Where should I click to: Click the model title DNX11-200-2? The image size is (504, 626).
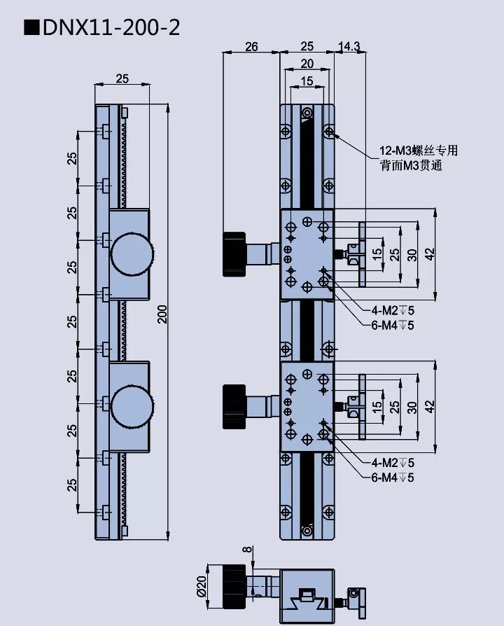point(110,27)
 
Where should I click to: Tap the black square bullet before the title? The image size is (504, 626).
point(31,28)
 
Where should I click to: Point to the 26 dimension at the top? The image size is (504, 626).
point(251,47)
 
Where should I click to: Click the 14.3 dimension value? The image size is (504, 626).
point(349,47)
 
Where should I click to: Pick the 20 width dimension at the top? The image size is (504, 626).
point(307,64)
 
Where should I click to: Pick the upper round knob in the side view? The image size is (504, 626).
point(131,253)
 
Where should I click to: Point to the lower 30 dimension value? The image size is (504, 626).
point(412,406)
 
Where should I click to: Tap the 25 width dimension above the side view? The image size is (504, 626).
point(122,78)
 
